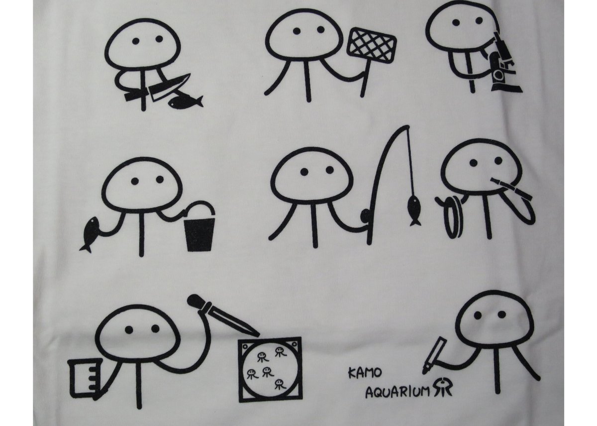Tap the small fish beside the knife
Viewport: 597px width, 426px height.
[x=185, y=102]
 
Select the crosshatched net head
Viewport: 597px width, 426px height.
[x=372, y=44]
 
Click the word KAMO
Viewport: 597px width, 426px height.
[x=365, y=373]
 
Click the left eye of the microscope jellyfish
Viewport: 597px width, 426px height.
[x=456, y=23]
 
